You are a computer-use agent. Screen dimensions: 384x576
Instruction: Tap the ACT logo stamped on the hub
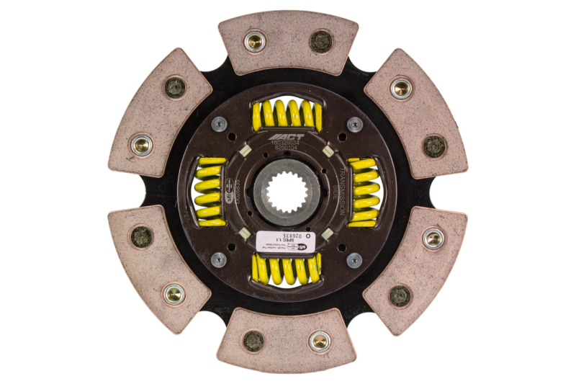click(287, 138)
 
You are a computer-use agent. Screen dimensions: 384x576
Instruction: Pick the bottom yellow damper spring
click(287, 269)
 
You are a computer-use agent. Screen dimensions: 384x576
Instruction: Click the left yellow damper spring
click(210, 191)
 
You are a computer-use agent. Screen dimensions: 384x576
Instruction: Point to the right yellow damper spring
click(364, 192)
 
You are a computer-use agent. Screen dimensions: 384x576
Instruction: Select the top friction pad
click(287, 43)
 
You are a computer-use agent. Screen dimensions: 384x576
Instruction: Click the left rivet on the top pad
click(254, 41)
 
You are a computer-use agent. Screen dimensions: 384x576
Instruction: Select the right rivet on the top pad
click(321, 41)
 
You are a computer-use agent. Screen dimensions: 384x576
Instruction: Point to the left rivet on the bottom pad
click(253, 341)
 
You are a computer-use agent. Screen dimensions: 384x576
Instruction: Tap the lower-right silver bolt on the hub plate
click(355, 260)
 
